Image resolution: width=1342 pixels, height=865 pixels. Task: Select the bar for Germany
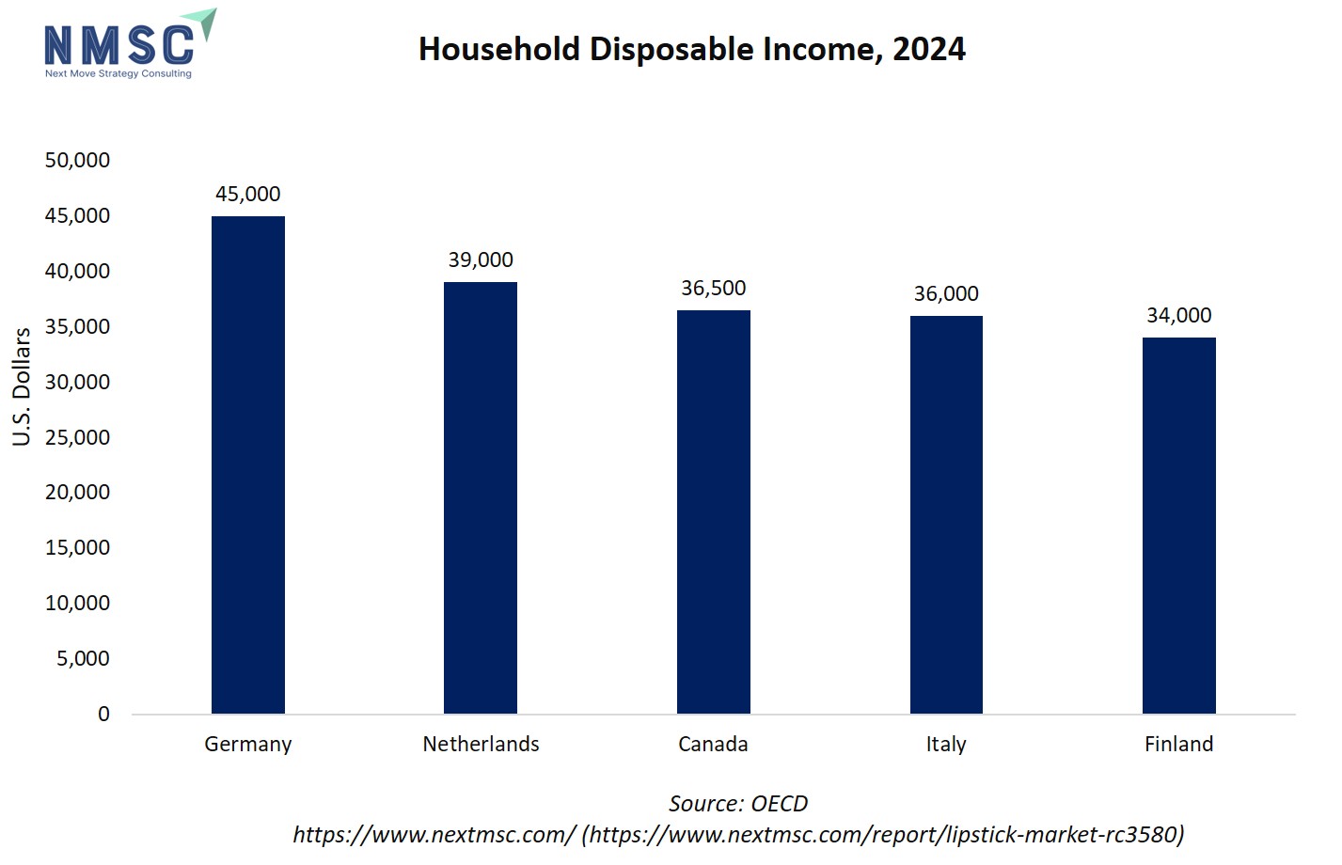click(x=247, y=464)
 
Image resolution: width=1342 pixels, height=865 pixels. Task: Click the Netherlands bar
click(x=481, y=497)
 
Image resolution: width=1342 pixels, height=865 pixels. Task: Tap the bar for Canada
click(x=713, y=511)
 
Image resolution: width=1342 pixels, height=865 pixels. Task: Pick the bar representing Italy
click(x=946, y=514)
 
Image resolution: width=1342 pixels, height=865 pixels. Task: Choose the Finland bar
click(x=1178, y=526)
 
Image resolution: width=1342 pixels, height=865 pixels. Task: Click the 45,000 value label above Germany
click(x=247, y=194)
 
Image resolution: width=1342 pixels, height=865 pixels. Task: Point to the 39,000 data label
click(x=481, y=259)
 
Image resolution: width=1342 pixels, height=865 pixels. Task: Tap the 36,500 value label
click(x=713, y=288)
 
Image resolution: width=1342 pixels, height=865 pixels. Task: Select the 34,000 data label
click(x=1178, y=315)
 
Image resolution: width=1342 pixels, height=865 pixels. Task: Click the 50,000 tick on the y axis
click(x=77, y=160)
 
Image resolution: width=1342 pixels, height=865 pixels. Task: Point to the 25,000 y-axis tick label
click(x=77, y=437)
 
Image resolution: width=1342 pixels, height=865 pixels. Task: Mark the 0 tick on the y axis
click(x=103, y=714)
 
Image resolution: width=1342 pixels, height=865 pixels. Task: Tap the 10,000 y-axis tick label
click(x=77, y=603)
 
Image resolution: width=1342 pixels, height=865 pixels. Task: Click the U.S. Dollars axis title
click(x=22, y=386)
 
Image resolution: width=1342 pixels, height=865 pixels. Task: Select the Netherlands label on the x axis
click(x=481, y=744)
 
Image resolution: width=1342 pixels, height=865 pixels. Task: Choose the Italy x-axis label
click(x=946, y=744)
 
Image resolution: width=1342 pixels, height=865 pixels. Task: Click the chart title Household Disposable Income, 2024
click(x=691, y=49)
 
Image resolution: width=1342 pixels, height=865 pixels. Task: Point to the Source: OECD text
click(x=738, y=804)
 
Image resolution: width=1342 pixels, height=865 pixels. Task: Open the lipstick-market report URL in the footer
click(x=883, y=834)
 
